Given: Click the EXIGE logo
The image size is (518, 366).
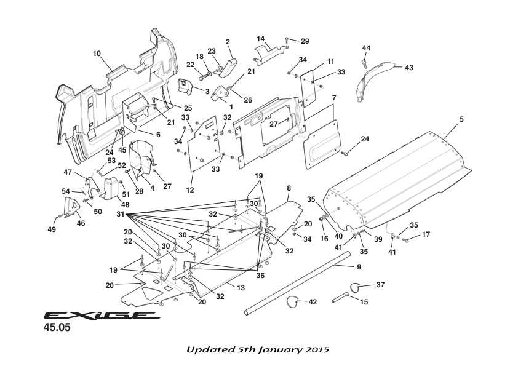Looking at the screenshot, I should tap(102, 316).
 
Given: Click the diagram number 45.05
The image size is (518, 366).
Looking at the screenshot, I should tap(57, 328).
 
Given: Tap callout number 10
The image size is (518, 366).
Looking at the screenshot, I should tap(97, 54).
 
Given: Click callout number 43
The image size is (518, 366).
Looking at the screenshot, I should tap(409, 68).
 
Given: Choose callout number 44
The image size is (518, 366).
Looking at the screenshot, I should tap(366, 48).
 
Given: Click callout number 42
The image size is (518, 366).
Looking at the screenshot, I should tap(313, 302).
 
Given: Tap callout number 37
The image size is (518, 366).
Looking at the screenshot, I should tap(381, 285).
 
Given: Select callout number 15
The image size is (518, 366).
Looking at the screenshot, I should tap(364, 302).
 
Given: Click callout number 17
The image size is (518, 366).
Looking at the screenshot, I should tap(426, 234).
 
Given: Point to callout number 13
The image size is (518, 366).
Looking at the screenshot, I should tap(241, 287).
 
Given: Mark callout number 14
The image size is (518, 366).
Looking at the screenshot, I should tap(260, 38).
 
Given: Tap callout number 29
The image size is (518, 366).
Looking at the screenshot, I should tap(305, 41).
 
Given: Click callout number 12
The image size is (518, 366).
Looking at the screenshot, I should tap(191, 190).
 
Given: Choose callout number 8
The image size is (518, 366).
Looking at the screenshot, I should tap(288, 186).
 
